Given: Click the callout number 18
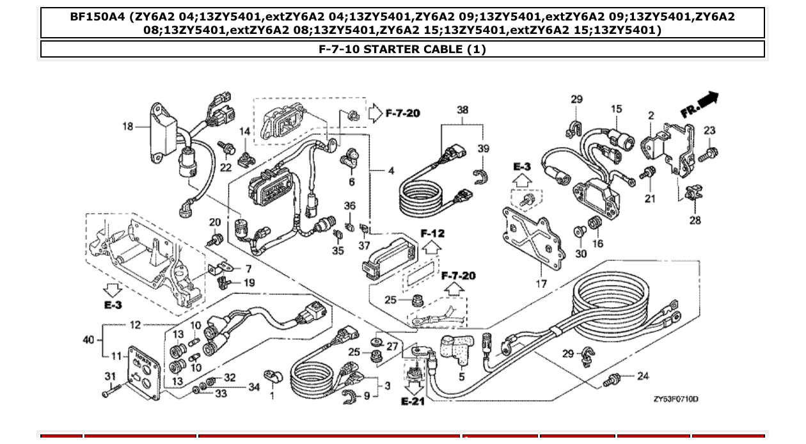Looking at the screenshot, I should (x=128, y=127).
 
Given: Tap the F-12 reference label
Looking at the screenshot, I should (x=432, y=234).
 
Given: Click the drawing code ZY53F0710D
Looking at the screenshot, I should (x=676, y=399).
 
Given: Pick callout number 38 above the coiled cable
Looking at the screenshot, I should (x=462, y=110).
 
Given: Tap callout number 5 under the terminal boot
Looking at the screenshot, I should (x=462, y=377).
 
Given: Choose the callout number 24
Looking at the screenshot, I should (x=643, y=376).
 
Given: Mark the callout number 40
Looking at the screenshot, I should (x=89, y=340).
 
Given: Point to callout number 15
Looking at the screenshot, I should (x=615, y=109).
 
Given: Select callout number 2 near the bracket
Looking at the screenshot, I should (x=651, y=116).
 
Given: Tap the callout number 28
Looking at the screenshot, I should (x=695, y=221).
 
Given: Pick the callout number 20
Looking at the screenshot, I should (x=215, y=223).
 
